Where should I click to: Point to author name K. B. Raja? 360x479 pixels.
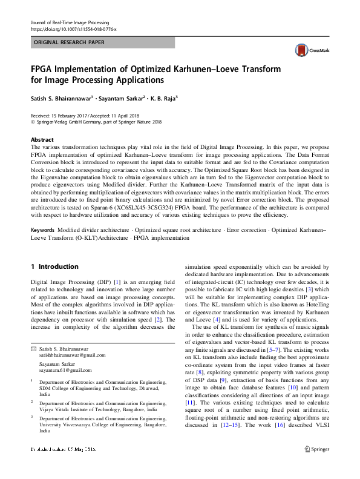click(166, 97)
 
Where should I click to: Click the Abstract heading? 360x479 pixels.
click(42, 140)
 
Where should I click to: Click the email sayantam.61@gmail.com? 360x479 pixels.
click(65, 370)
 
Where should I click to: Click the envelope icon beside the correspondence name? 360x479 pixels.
click(34, 348)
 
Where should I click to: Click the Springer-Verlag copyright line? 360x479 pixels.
click(96, 122)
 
